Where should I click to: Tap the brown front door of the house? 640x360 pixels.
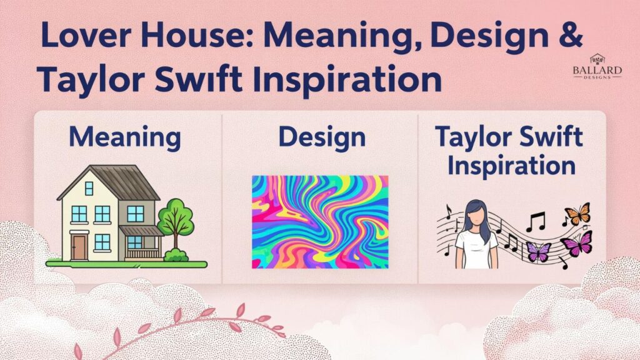click(79, 246)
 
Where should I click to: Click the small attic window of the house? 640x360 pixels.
click(89, 187)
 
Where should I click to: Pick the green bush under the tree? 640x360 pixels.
click(176, 254)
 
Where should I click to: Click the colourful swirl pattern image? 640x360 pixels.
click(320, 221)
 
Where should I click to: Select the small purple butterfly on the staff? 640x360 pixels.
click(538, 252)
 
